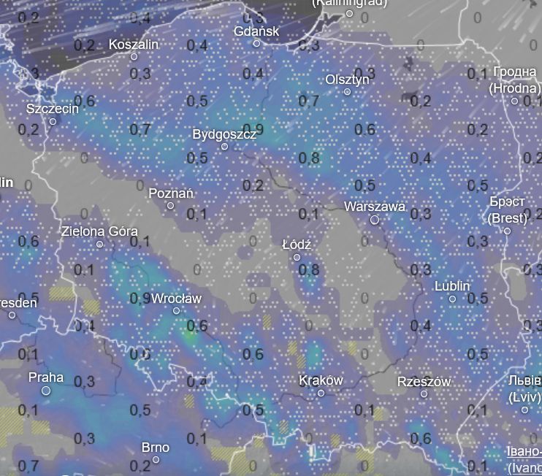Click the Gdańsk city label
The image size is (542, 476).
click(x=256, y=31)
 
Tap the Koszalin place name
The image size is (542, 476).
click(x=133, y=45)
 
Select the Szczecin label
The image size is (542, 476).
click(x=53, y=109)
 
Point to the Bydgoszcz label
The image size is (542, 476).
click(x=224, y=135)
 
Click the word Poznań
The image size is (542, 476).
click(x=171, y=193)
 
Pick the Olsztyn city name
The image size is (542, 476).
click(x=347, y=80)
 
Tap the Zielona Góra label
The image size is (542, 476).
click(x=99, y=231)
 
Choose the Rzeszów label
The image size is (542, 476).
click(x=424, y=382)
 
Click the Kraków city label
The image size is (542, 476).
click(x=321, y=381)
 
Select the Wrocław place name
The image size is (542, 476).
click(x=175, y=299)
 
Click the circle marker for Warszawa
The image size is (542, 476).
click(x=375, y=219)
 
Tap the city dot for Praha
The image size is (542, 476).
click(x=46, y=391)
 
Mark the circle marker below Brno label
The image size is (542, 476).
click(x=156, y=459)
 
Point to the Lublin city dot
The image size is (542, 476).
click(x=452, y=299)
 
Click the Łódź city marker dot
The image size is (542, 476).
click(x=297, y=257)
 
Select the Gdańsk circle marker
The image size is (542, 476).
click(x=256, y=43)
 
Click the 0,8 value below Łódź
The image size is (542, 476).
click(x=309, y=270)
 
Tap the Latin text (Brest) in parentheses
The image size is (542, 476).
click(x=507, y=218)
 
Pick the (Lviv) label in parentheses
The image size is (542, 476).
click(x=524, y=398)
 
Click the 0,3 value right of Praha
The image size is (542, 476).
click(x=85, y=382)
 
